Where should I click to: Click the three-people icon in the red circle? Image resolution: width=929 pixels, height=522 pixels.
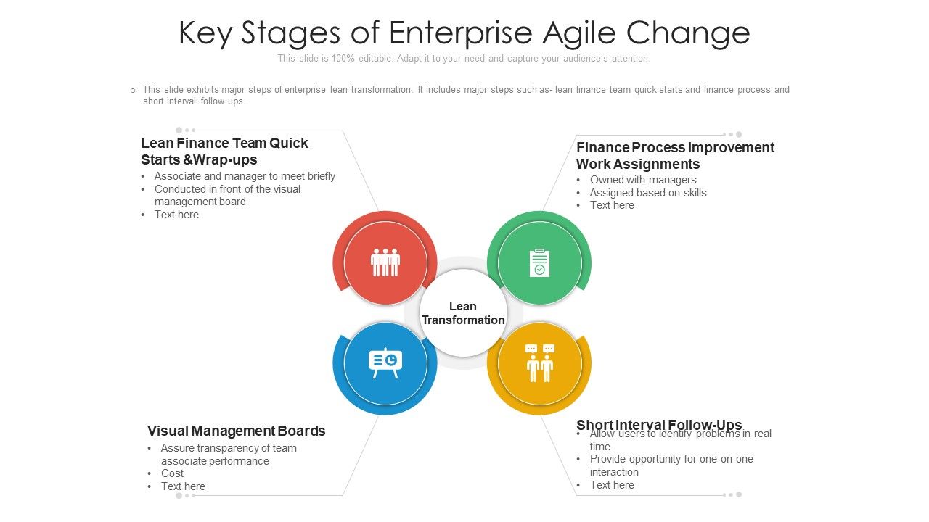point(385,262)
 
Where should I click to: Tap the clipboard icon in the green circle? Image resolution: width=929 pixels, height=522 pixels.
point(539,262)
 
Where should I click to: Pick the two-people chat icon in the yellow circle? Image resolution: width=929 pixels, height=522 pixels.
point(539,363)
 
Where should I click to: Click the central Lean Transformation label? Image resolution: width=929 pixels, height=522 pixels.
point(463,313)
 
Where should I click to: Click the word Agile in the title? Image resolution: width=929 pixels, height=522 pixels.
point(579,33)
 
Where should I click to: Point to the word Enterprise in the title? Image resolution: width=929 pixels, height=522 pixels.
point(461,33)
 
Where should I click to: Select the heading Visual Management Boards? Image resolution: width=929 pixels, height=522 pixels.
point(236,431)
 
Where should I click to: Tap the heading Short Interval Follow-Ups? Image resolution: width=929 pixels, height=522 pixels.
point(659,425)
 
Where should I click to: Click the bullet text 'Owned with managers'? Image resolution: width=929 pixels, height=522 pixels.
point(643,180)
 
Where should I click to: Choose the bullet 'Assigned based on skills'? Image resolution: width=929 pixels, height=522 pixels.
point(648,193)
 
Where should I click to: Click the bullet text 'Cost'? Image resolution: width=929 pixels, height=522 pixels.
point(172,473)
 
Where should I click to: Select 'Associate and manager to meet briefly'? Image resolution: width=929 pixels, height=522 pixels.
point(245,176)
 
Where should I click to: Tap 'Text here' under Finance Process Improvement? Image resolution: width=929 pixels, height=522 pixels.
point(612,205)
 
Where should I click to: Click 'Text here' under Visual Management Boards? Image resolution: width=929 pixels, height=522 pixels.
point(183,486)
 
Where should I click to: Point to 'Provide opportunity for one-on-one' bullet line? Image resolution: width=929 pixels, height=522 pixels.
point(671,459)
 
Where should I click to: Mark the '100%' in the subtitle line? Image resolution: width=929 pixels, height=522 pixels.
point(343,59)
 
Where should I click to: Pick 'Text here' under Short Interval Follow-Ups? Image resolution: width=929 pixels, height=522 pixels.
point(612,485)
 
